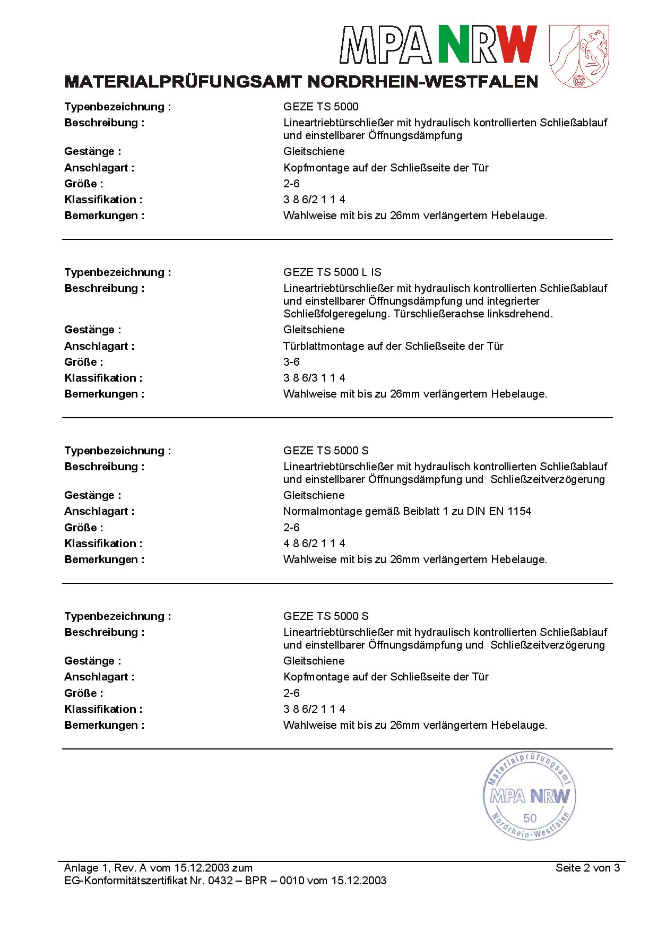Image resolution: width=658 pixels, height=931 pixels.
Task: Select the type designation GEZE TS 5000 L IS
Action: tap(332, 272)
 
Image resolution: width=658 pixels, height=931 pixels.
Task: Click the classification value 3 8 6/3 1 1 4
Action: tap(314, 378)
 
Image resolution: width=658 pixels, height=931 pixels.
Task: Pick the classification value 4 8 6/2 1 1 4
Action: tap(314, 544)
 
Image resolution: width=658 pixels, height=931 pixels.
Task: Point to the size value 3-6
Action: tap(291, 362)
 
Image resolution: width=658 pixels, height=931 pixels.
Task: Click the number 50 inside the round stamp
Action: tap(530, 818)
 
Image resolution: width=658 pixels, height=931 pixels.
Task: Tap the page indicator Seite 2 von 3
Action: tap(587, 868)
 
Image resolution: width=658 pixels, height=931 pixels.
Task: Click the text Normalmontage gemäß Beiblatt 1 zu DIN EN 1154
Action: tap(407, 511)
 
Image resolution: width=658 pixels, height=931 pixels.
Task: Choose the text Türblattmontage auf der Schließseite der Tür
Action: tap(393, 346)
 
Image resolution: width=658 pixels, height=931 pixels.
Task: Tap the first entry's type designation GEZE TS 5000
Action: tap(321, 107)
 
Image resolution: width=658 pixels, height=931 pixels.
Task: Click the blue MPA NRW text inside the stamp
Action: tap(530, 796)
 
